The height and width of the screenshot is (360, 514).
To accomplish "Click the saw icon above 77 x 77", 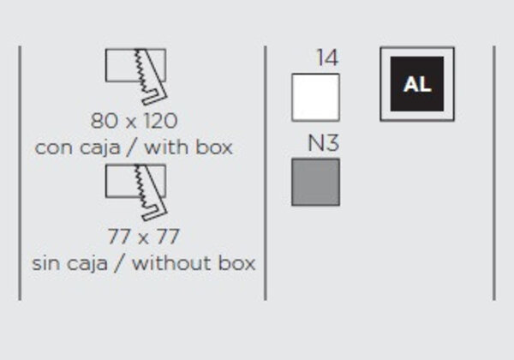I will coord(136,190).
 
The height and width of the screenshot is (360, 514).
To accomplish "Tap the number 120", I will coord(159,119).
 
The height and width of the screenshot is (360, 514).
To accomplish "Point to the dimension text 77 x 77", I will coord(143,235).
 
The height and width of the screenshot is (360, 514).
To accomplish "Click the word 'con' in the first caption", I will coord(53,147).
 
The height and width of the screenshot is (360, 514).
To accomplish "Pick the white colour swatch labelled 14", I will coord(315,97).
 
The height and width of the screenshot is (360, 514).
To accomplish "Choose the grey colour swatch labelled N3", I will coord(315,182).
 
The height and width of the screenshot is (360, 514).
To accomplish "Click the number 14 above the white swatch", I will coord(326,58).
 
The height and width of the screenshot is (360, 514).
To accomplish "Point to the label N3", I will coord(323,142).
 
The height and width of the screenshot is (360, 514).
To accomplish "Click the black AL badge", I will coord(417,84).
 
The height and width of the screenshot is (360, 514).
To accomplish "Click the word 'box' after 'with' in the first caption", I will coord(214,147).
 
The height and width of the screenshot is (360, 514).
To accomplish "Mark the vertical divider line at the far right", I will coord(494,171).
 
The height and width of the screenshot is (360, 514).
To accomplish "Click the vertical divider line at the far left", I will coord(20,171).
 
